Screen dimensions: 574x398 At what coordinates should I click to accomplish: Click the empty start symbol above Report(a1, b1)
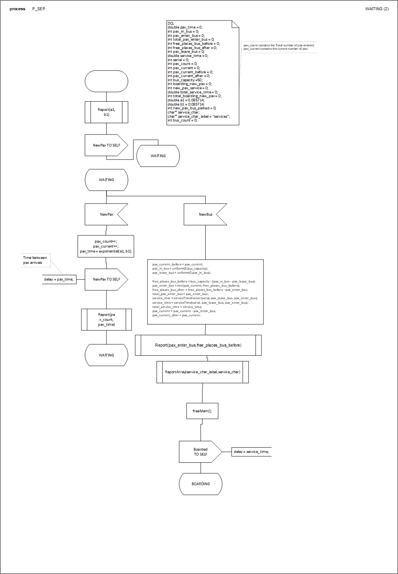(x=106, y=81)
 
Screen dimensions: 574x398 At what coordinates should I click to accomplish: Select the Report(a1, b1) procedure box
(x=106, y=112)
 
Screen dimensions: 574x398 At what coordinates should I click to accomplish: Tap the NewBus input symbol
(x=205, y=214)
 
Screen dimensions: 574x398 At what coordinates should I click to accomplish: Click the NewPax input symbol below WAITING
(x=106, y=214)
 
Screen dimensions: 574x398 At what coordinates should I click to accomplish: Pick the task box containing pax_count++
(x=106, y=246)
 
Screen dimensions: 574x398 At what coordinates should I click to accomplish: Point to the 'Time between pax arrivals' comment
(x=35, y=260)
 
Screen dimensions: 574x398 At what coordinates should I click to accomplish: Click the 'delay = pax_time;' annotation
(x=59, y=279)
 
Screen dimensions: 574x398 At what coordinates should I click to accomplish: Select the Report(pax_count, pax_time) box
(x=106, y=320)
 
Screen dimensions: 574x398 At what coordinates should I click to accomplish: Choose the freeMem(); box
(x=202, y=411)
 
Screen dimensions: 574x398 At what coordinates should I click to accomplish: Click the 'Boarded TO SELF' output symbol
(x=200, y=452)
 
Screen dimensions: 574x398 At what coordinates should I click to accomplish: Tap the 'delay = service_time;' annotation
(x=251, y=452)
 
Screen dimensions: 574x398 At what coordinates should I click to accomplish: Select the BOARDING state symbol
(x=201, y=484)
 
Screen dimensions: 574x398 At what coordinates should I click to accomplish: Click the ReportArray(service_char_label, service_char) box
(x=203, y=372)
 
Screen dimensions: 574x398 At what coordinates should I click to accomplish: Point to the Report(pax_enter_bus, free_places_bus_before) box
(x=198, y=345)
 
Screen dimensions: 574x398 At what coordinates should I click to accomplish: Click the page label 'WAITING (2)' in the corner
(x=377, y=9)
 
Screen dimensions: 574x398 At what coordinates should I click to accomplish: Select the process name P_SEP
(x=39, y=9)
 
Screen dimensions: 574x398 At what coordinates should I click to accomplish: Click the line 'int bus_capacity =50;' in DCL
(x=185, y=80)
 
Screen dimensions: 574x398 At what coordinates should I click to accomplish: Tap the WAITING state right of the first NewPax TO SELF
(x=158, y=156)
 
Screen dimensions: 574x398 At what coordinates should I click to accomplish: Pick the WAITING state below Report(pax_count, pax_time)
(x=106, y=355)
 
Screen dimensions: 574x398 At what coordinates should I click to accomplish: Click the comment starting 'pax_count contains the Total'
(x=279, y=47)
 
